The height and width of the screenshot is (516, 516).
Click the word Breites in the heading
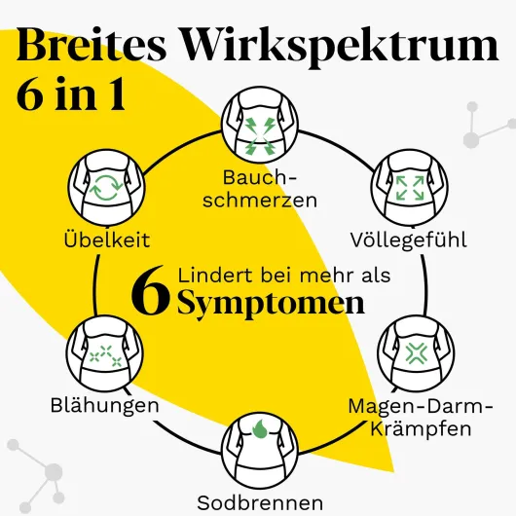pos(92,45)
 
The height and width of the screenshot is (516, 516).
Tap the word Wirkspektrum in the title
pos(340,48)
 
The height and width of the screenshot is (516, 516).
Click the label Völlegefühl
pos(408,240)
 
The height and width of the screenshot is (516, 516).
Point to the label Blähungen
pos(104,404)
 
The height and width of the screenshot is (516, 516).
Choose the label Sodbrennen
pos(260,502)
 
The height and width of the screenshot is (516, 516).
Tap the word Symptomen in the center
pos(272,303)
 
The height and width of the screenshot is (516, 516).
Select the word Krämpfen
pos(421,428)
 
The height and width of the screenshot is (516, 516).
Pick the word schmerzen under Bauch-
pos(260,200)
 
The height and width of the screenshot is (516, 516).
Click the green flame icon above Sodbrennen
pos(261,428)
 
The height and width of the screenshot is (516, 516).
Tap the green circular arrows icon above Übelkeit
pos(106,187)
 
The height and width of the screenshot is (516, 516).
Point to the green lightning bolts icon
pos(260,135)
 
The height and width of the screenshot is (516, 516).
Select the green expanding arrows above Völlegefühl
pos(410,188)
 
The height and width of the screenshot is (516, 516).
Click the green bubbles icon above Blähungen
pos(106,356)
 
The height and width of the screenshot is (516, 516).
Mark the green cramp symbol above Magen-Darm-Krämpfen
pos(417,353)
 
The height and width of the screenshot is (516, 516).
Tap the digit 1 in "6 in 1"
pos(117,93)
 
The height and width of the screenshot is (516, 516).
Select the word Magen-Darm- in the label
pos(421,407)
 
